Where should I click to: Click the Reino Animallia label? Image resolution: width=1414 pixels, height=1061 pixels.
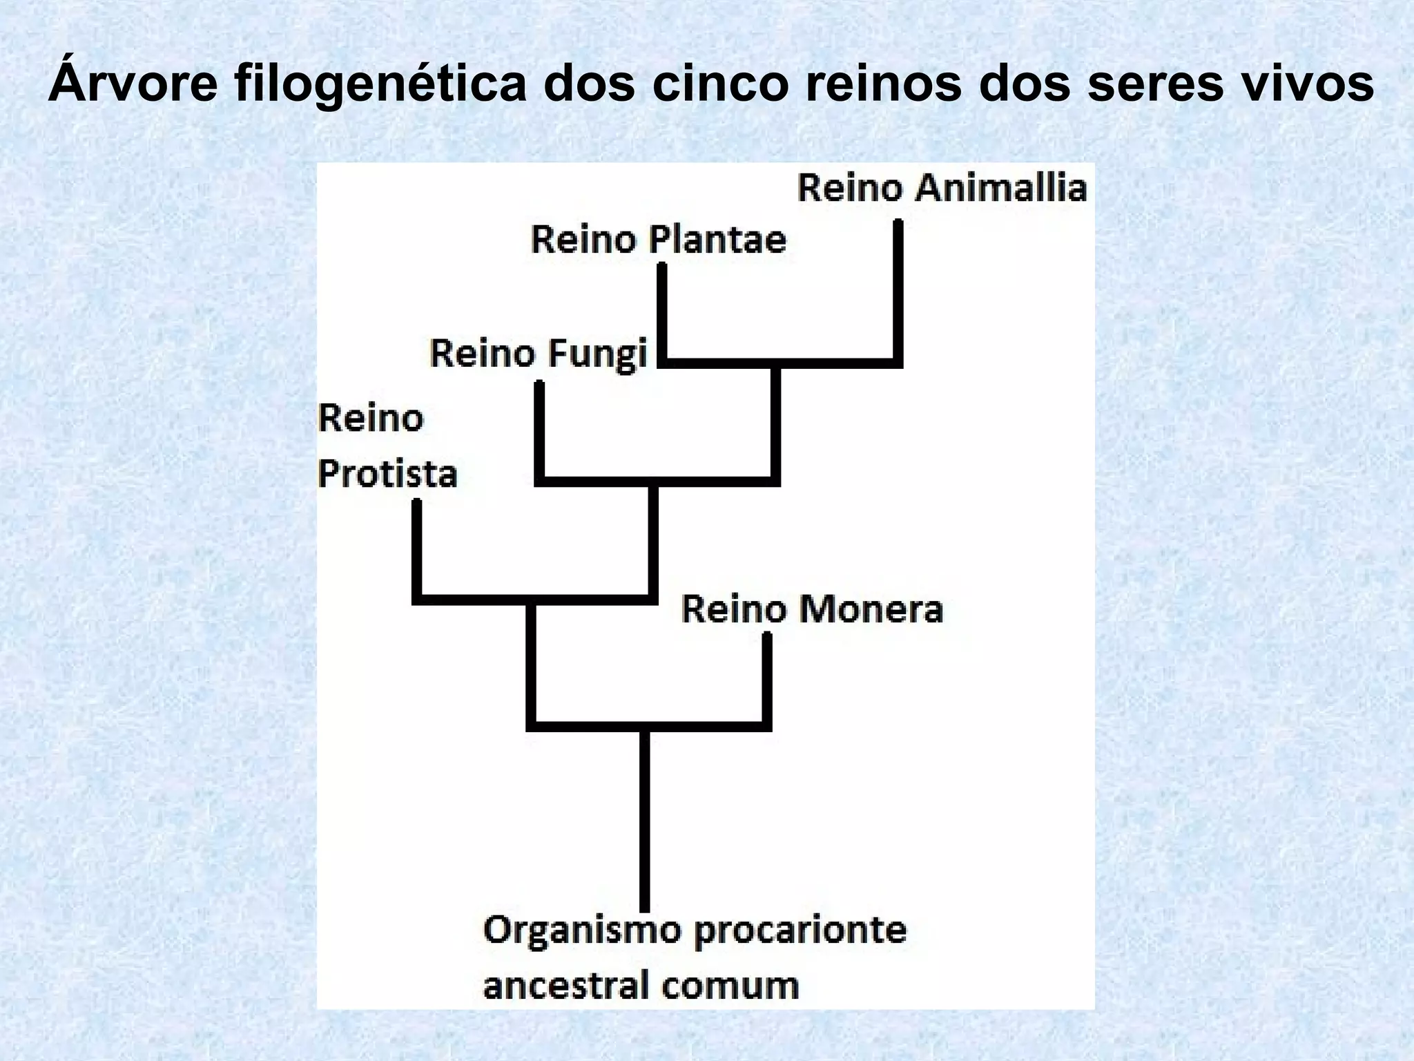[942, 189]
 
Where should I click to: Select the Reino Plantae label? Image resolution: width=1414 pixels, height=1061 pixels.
[658, 240]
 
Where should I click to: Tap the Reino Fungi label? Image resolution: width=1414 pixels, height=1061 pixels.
[539, 354]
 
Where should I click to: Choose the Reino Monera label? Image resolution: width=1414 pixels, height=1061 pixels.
[812, 610]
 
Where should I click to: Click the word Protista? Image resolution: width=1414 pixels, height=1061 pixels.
[387, 475]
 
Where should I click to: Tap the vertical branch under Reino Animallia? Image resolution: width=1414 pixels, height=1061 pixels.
[898, 290]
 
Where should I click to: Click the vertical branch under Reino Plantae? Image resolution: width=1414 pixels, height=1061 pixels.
[661, 311]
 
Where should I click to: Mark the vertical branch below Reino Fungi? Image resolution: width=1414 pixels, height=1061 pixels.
[539, 428]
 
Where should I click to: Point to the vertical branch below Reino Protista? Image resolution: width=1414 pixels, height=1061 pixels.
[416, 549]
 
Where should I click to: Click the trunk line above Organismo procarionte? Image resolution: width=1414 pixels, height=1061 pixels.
[644, 822]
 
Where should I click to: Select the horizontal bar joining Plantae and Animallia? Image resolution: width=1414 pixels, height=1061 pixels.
[780, 363]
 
